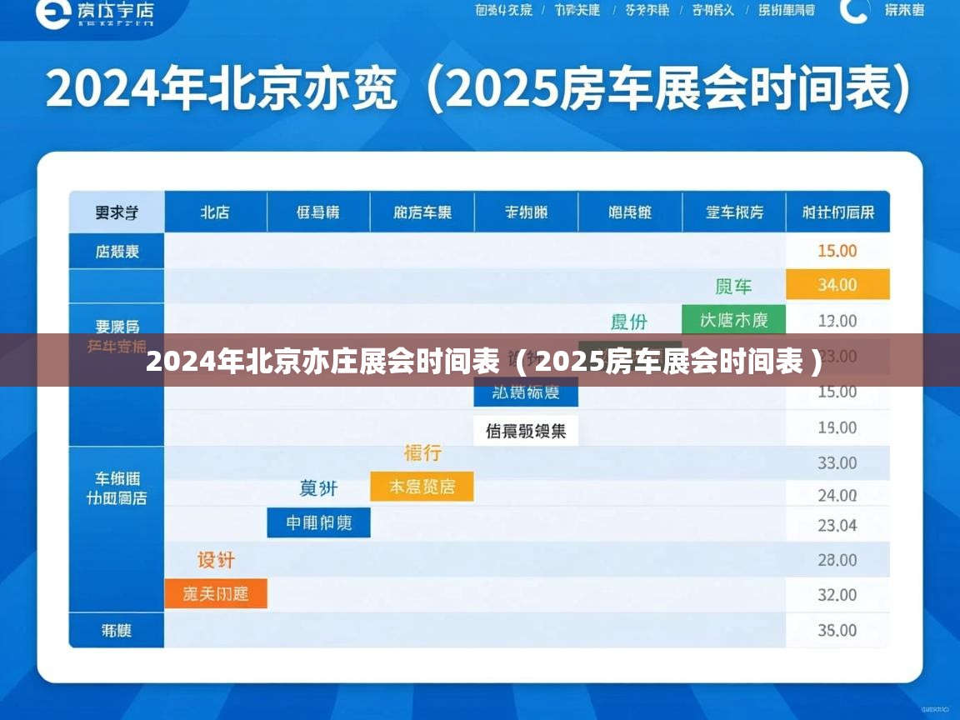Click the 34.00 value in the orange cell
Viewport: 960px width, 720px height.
[x=837, y=285]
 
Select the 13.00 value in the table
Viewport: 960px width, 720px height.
[x=837, y=321]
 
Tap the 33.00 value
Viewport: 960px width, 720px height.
[x=837, y=463]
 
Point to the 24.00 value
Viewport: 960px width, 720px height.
[x=837, y=496]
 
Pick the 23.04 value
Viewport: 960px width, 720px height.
[x=837, y=526]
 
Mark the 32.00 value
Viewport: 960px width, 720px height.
[x=837, y=595]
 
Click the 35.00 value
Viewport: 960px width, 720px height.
[x=837, y=631]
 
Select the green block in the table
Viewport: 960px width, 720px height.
[x=733, y=320]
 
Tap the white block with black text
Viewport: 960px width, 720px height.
[x=526, y=431]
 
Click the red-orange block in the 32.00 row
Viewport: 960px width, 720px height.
[x=216, y=594]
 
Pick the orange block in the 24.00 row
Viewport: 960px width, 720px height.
[x=422, y=487]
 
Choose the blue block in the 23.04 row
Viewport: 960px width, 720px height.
[x=318, y=522]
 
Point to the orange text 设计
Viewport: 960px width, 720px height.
[x=216, y=559]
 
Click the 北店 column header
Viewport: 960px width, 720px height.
[x=215, y=212]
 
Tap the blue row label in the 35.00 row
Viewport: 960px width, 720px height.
[x=117, y=631]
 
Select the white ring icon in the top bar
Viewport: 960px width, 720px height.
[x=855, y=10]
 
